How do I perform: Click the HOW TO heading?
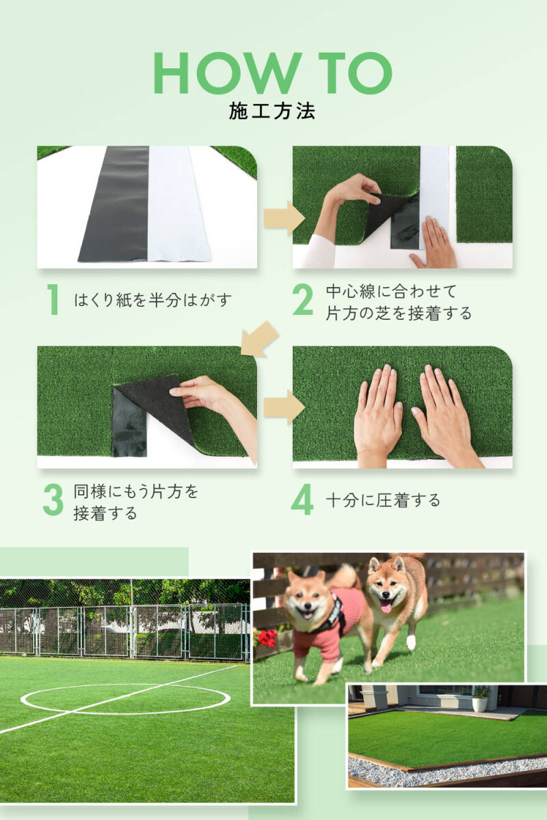(273, 73)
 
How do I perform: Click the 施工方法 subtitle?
(272, 111)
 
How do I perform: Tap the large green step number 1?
(54, 299)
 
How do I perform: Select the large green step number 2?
(303, 299)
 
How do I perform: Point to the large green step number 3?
(53, 500)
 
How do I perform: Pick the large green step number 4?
(303, 500)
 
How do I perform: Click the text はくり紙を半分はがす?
(153, 300)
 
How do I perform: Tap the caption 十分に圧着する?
(383, 500)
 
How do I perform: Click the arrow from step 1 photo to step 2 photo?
(284, 219)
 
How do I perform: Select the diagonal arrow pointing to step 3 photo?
(259, 340)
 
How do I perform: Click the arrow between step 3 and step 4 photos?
(284, 407)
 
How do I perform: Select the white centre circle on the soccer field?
(126, 700)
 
